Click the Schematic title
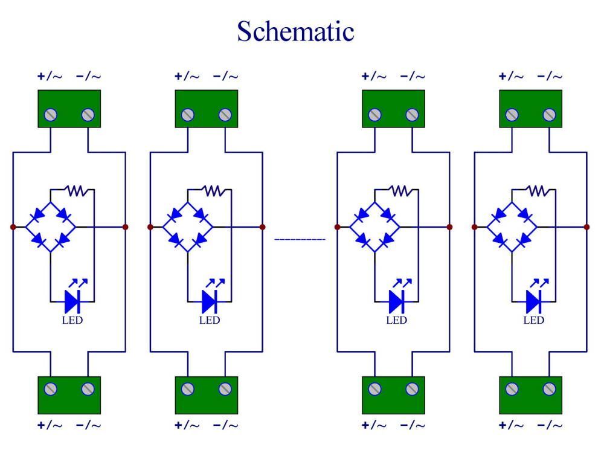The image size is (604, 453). coord(295,31)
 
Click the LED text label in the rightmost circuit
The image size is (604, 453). coord(533,320)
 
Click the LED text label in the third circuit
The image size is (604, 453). coord(396,320)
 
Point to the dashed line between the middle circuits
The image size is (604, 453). coord(300,239)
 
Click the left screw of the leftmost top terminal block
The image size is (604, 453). coord(51,115)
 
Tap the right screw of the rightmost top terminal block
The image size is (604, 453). coord(549,115)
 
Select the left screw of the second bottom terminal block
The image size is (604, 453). coord(188,389)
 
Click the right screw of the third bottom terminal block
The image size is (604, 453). coord(412,389)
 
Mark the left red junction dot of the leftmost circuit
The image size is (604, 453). coord(13,227)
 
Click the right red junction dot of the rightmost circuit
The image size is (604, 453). coord(586,227)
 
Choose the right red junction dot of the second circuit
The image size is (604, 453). coord(263,227)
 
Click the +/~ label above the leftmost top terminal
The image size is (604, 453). coord(50,76)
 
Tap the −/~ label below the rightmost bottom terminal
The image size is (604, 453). coord(550,425)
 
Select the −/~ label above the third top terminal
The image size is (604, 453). coord(413,76)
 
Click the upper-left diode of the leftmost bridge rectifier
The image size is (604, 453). coord(38,214)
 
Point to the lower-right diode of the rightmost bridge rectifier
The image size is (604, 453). coord(525,240)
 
